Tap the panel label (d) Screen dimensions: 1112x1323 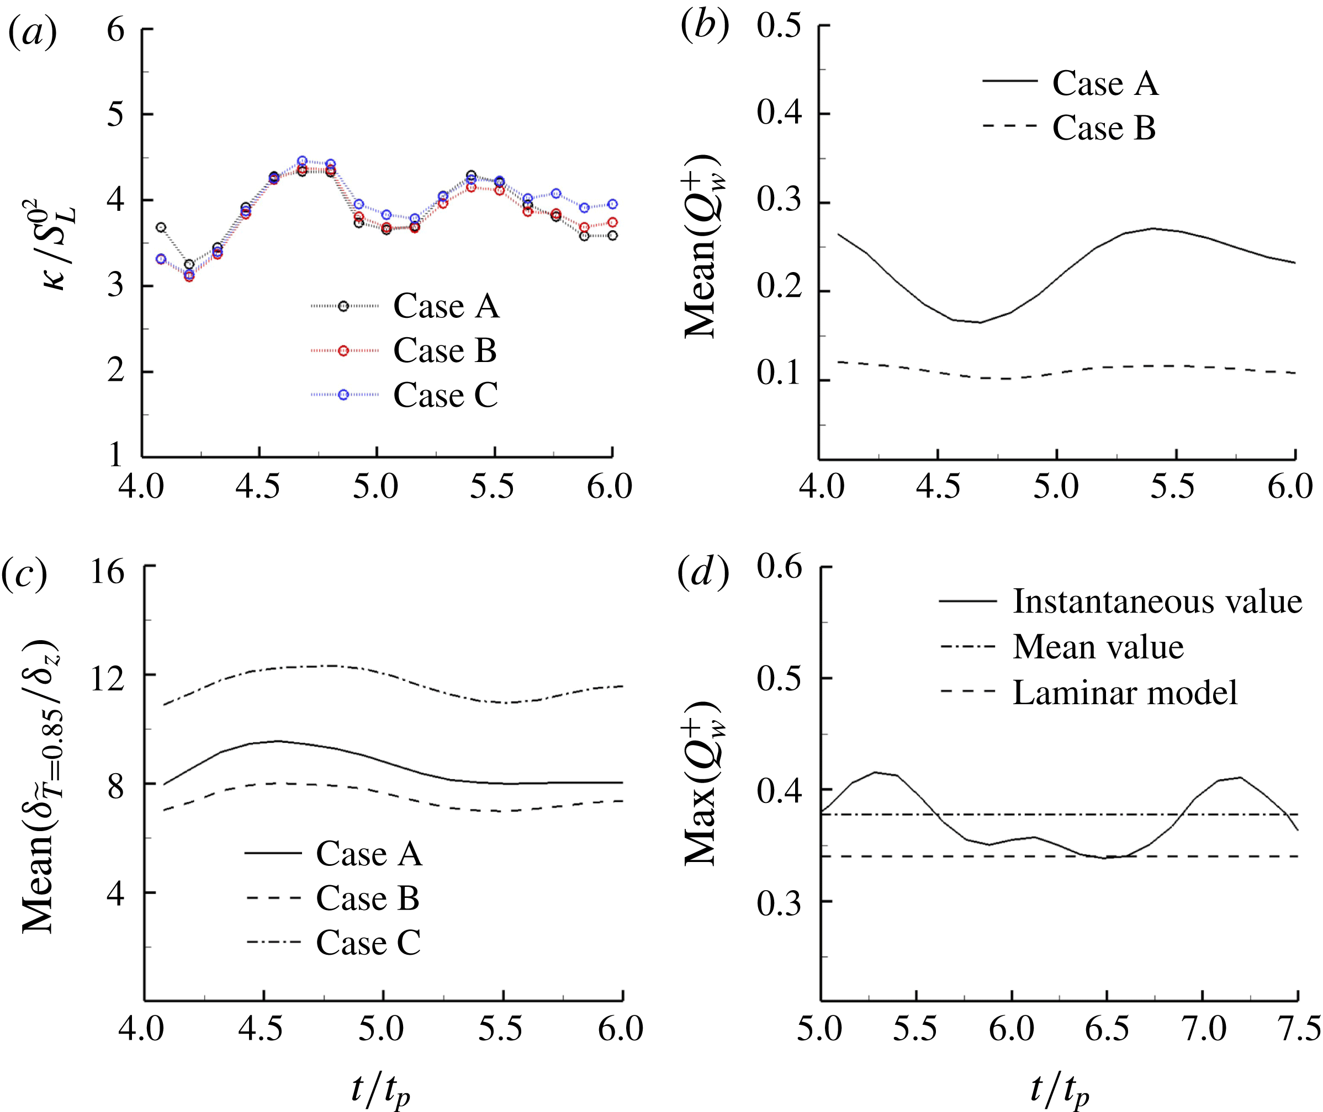point(703,572)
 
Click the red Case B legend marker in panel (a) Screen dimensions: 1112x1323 point(343,350)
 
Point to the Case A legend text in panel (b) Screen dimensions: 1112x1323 point(1105,83)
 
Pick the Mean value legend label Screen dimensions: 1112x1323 point(1098,647)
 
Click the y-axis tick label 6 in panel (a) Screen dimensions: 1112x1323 point(115,30)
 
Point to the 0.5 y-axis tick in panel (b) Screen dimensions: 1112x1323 point(780,26)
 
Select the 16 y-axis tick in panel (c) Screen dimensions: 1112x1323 point(107,572)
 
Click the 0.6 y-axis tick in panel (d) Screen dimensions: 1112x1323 point(780,566)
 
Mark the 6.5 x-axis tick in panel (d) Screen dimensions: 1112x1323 point(1107,1029)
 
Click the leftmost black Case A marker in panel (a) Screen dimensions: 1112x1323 point(161,227)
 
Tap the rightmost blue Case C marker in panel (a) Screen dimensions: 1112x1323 point(612,204)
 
